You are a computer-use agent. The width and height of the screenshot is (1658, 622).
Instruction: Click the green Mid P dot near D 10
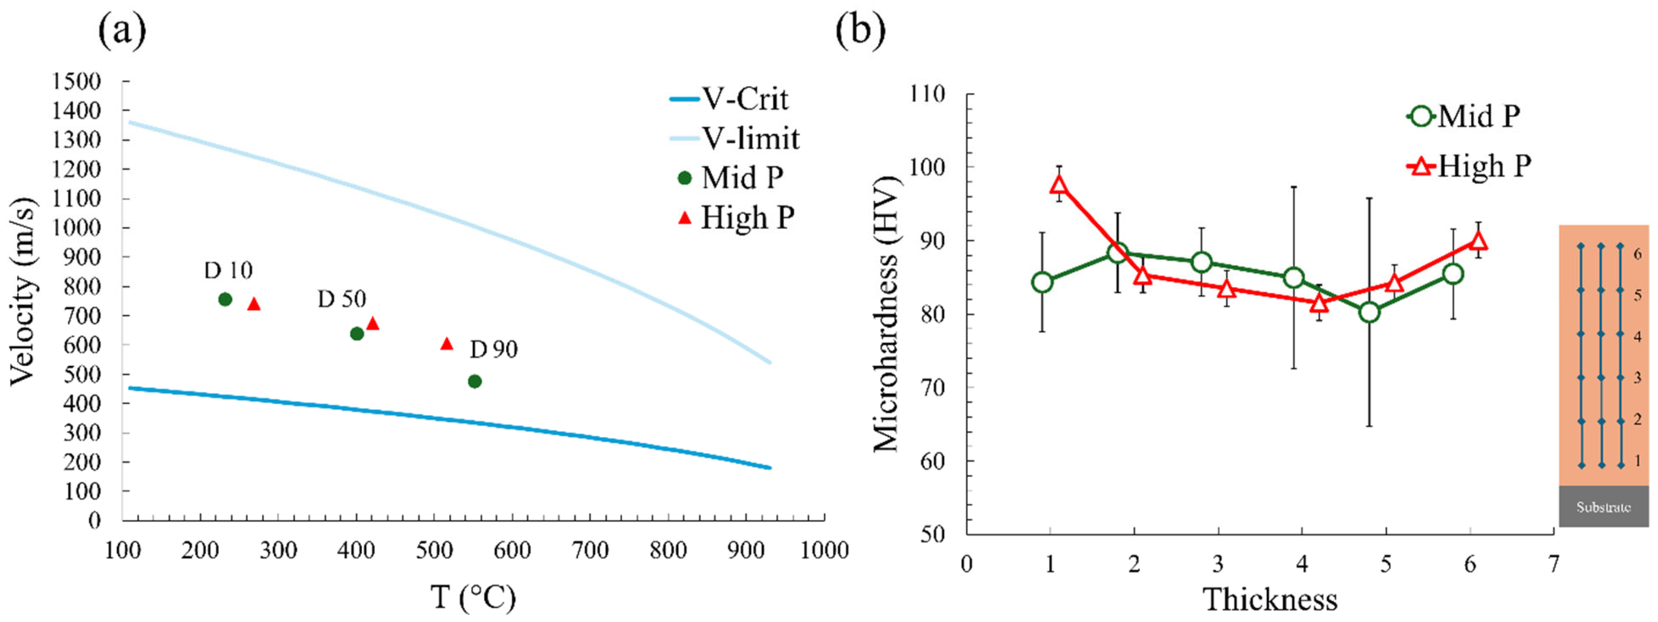coord(225,299)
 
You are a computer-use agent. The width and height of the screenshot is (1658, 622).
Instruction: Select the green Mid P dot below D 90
coord(474,381)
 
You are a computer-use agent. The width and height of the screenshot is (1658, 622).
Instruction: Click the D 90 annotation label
coord(494,349)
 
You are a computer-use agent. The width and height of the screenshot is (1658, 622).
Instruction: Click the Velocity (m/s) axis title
coord(23,291)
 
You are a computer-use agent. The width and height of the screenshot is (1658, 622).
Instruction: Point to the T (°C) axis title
coord(473,597)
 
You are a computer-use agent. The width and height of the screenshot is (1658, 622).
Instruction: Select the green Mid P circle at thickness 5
coord(1369,312)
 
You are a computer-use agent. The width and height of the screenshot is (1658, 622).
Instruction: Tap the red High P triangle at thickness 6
coord(1478,241)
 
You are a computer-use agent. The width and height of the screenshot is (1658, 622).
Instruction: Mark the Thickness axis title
coord(1270,599)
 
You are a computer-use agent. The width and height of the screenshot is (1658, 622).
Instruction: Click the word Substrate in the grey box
coord(1603,507)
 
